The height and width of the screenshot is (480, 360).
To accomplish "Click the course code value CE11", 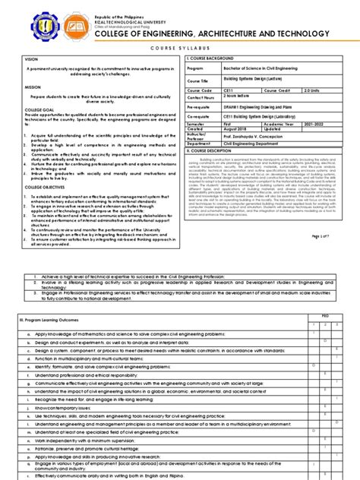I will point(227,90).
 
